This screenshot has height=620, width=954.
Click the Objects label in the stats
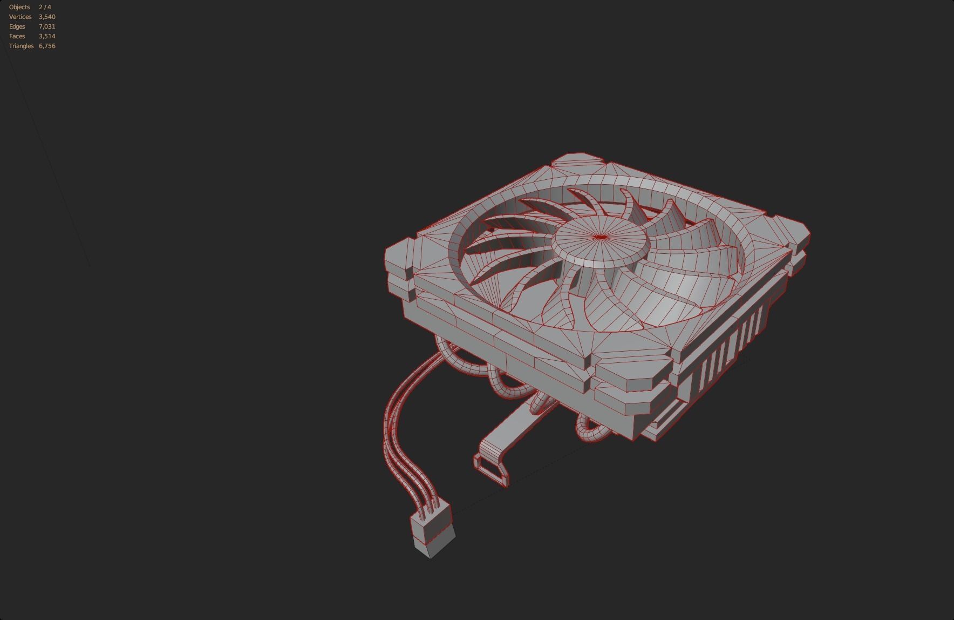tap(19, 7)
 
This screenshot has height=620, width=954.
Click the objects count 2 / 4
tap(45, 7)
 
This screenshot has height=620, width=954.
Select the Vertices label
tap(21, 17)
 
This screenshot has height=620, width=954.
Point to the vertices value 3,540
tap(47, 17)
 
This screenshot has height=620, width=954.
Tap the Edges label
tap(17, 26)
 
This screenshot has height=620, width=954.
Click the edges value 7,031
tap(47, 26)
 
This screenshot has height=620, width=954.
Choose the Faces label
tap(17, 36)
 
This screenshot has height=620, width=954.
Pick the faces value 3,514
tap(47, 36)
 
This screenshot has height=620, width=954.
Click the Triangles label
tap(22, 46)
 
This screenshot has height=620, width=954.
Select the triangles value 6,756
tap(47, 46)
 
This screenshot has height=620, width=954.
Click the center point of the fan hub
tap(600, 237)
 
